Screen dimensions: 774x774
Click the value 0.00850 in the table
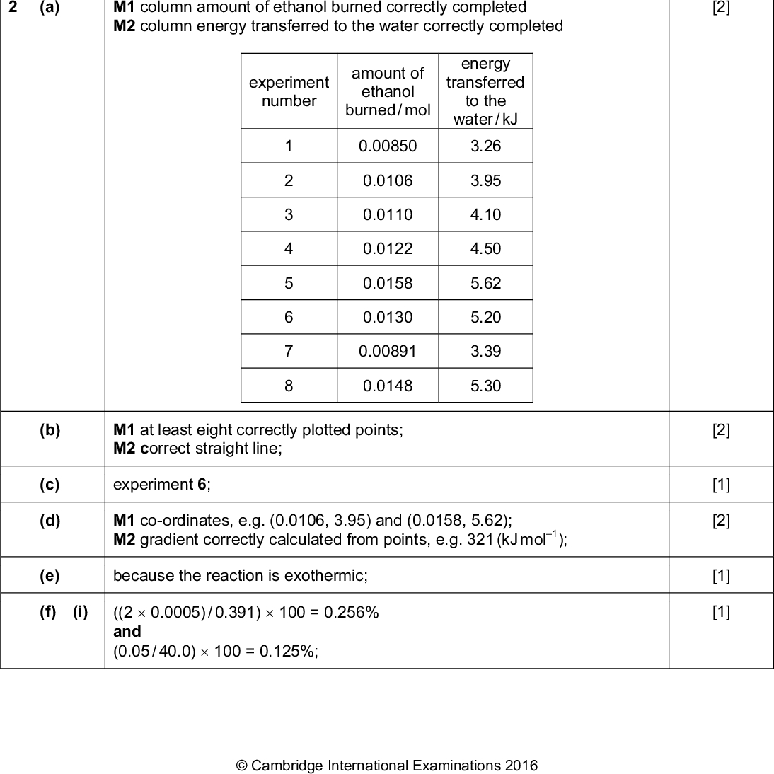click(x=388, y=146)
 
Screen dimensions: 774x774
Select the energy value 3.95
click(x=485, y=180)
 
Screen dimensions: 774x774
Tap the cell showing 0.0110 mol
click(x=388, y=214)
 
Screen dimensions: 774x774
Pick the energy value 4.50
click(x=485, y=249)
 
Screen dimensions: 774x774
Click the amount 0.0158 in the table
click(x=388, y=283)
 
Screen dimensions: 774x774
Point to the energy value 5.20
click(x=485, y=317)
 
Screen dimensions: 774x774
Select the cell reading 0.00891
click(x=388, y=351)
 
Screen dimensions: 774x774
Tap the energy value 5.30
click(x=485, y=386)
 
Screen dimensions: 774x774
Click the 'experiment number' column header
click(x=289, y=92)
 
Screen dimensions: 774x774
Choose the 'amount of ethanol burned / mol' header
click(x=388, y=92)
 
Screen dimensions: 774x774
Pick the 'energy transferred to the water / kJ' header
click(x=485, y=91)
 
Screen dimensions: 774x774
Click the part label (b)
click(x=50, y=430)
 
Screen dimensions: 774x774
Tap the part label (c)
click(x=50, y=485)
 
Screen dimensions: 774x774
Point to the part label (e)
click(x=50, y=576)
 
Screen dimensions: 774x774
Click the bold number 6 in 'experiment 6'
click(x=202, y=485)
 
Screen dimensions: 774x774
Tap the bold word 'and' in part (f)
click(x=127, y=631)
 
